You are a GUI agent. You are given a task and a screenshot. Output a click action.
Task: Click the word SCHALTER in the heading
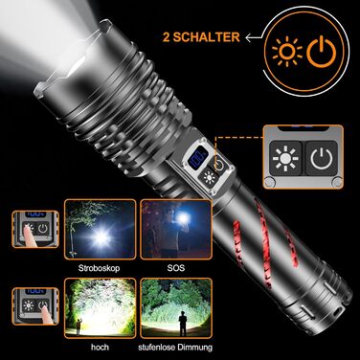(x=206, y=37)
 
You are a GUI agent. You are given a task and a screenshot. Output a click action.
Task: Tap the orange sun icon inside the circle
(x=286, y=52)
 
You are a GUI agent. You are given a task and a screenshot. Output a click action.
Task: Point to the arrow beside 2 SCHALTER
(x=255, y=37)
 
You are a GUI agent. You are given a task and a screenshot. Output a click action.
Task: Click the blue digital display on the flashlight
(x=197, y=158)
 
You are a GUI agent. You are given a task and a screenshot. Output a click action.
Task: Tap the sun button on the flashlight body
(x=209, y=178)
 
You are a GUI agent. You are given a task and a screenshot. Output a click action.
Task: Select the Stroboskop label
(x=100, y=268)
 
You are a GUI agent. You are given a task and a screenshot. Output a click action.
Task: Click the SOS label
(x=176, y=268)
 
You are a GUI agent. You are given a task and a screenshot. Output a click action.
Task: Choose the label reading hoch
(x=100, y=347)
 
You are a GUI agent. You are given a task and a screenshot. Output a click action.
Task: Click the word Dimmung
(x=194, y=347)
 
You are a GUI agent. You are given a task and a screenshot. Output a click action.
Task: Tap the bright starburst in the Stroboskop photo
(x=101, y=236)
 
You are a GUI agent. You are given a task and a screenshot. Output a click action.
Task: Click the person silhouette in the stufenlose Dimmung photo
(x=183, y=323)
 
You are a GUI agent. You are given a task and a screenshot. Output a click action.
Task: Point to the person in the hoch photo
(x=79, y=326)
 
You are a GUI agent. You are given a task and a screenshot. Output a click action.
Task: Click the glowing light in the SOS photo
(x=183, y=218)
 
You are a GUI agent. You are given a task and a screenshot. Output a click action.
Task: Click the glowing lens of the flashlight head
(x=78, y=64)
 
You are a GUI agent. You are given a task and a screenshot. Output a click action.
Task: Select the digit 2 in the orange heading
(x=167, y=37)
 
